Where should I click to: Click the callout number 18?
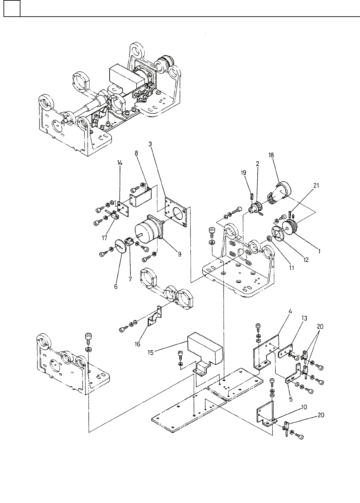(x=271, y=155)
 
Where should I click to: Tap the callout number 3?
(x=150, y=144)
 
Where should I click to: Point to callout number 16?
(x=137, y=344)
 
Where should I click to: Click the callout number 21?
(x=316, y=185)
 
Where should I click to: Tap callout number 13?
(x=305, y=318)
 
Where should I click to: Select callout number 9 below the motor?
(x=179, y=254)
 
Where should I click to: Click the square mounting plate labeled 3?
(x=176, y=212)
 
